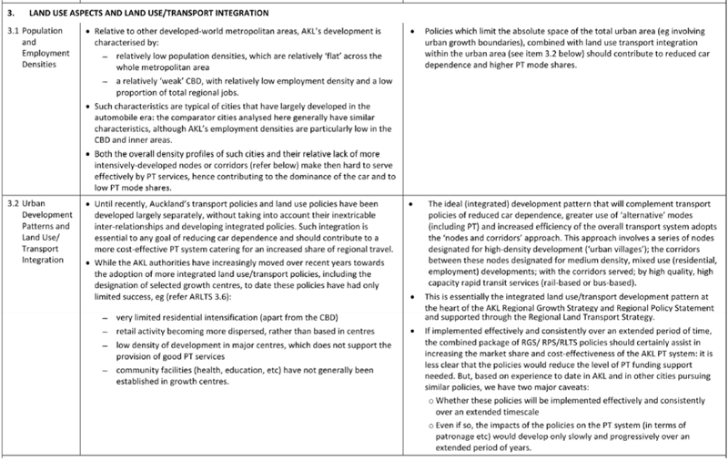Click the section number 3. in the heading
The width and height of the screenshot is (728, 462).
point(11,13)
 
